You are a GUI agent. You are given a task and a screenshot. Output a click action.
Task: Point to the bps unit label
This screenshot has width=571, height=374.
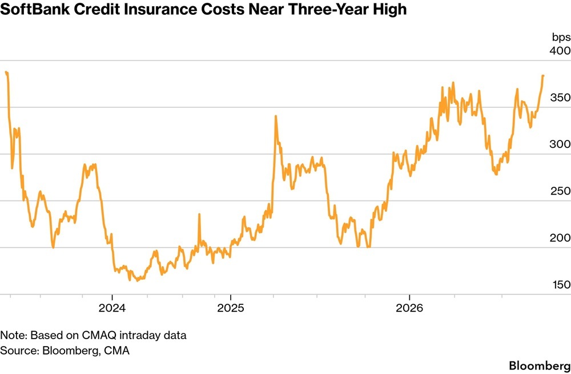[561, 37]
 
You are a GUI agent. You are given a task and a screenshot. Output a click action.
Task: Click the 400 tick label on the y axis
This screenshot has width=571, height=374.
[560, 50]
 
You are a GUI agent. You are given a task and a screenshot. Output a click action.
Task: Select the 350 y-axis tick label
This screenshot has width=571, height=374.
[560, 97]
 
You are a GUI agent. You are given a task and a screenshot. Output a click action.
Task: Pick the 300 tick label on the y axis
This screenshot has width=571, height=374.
[560, 144]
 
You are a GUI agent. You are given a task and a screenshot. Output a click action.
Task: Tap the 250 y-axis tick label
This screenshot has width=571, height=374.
[560, 191]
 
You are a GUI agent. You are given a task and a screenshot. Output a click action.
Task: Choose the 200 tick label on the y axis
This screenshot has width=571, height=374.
[560, 238]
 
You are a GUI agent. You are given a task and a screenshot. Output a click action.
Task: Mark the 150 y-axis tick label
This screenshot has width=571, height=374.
[560, 284]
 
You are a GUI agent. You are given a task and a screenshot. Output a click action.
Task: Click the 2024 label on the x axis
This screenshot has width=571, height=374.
[112, 308]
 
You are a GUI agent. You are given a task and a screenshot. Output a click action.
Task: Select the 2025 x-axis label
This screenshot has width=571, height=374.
[231, 308]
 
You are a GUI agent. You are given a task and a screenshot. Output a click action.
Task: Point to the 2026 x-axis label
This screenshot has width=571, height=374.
[409, 308]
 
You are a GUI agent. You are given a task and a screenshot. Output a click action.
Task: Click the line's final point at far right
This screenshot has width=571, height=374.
[543, 76]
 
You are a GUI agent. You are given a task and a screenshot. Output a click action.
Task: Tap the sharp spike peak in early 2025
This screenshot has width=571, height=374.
[276, 116]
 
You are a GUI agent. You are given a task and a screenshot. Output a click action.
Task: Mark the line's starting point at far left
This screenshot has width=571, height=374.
[6, 72]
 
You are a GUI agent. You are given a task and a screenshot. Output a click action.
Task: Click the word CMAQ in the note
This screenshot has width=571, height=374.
[101, 335]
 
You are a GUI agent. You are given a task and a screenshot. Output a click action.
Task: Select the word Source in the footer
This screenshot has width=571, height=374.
[19, 351]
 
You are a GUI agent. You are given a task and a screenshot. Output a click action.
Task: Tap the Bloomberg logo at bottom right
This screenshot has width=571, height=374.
[540, 365]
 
